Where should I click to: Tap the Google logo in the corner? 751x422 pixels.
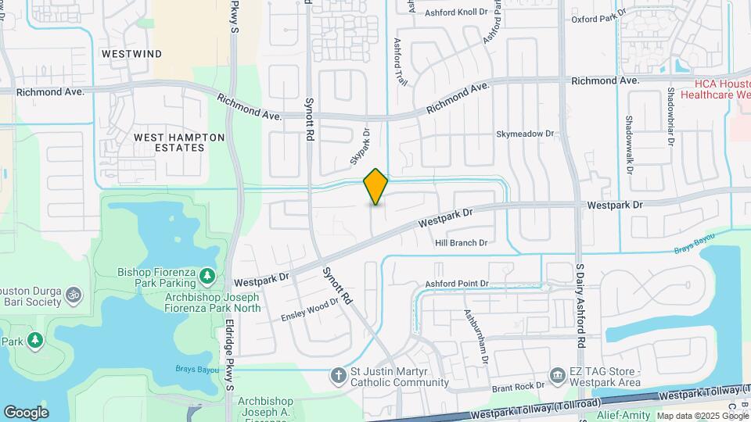pyautogui.click(x=26, y=412)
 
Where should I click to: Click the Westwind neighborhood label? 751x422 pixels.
pyautogui.click(x=132, y=54)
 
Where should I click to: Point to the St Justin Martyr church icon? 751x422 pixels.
pyautogui.click(x=338, y=377)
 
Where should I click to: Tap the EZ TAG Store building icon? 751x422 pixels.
pyautogui.click(x=557, y=377)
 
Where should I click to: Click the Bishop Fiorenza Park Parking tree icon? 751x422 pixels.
pyautogui.click(x=207, y=275)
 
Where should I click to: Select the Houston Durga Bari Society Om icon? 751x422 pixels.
pyautogui.click(x=73, y=296)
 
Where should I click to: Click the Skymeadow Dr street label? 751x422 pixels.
pyautogui.click(x=525, y=134)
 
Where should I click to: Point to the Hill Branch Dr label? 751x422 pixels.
pyautogui.click(x=462, y=243)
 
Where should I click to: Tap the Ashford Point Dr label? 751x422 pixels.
pyautogui.click(x=457, y=284)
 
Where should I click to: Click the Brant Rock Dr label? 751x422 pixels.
pyautogui.click(x=518, y=387)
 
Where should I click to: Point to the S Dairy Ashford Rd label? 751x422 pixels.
pyautogui.click(x=580, y=306)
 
